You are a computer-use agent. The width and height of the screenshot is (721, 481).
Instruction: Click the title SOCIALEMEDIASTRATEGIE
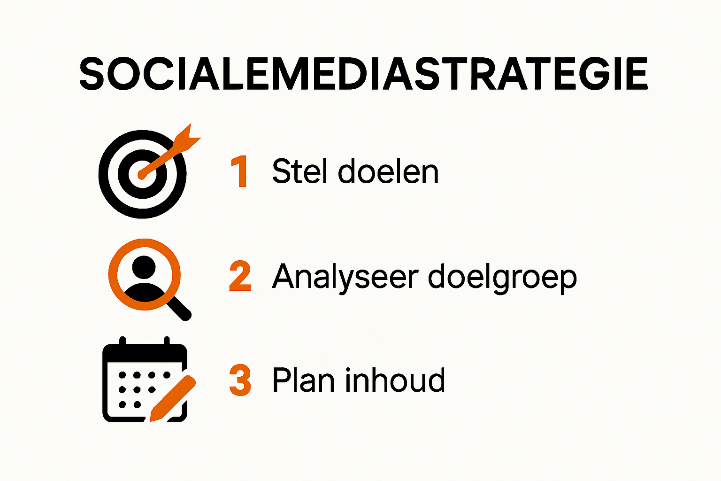363,74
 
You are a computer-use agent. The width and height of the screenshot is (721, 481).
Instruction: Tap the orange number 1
240,172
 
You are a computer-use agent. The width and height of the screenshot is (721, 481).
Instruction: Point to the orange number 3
240,380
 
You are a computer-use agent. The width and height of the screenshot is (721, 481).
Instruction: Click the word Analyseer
345,277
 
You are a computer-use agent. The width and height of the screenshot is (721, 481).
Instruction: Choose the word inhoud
395,380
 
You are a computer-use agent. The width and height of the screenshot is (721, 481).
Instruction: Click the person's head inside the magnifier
144,267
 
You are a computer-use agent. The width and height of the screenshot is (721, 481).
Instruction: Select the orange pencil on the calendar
172,398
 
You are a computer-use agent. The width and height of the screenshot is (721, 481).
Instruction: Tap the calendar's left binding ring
123,341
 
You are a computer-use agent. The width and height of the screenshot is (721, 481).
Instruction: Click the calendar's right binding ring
166,341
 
